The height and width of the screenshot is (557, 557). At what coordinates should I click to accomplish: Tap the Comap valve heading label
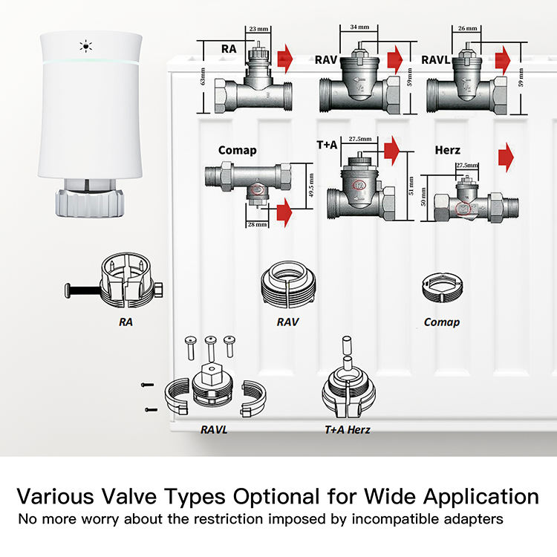coord(237,150)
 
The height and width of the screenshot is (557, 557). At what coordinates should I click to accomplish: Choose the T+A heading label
coord(327,145)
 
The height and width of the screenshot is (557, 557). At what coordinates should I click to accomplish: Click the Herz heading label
coord(447,151)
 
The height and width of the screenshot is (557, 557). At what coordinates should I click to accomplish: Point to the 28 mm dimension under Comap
coord(256,224)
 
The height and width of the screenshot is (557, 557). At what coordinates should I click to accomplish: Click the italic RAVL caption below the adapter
coord(214,429)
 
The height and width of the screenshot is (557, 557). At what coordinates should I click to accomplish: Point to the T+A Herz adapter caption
coord(347,429)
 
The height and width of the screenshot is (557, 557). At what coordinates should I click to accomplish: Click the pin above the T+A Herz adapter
coord(345,348)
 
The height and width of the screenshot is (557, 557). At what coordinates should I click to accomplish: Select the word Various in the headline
coord(62,496)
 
